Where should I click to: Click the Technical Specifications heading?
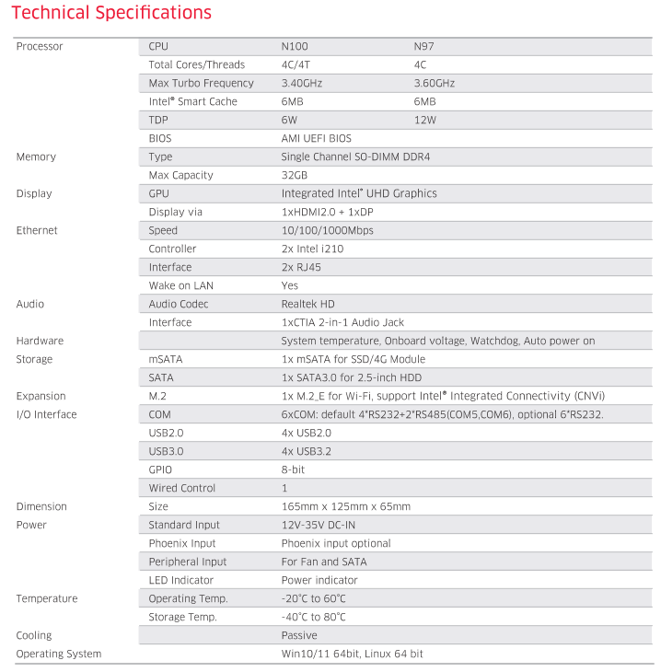point(111,13)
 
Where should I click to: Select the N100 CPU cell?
point(296,46)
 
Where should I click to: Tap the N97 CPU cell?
point(424,46)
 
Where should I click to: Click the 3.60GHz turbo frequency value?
point(435,83)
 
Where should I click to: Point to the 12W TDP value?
point(424,120)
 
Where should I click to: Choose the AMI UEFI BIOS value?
point(316,138)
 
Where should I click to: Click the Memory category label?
point(36,156)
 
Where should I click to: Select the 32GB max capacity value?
point(294,175)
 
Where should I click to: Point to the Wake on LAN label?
point(180,285)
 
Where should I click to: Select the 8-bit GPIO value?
point(293,469)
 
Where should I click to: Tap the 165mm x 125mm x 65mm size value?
point(345,506)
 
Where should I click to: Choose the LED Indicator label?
point(180,580)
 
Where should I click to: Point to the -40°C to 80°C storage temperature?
point(313,617)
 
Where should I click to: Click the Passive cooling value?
point(298,635)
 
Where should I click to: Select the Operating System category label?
point(59,654)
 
